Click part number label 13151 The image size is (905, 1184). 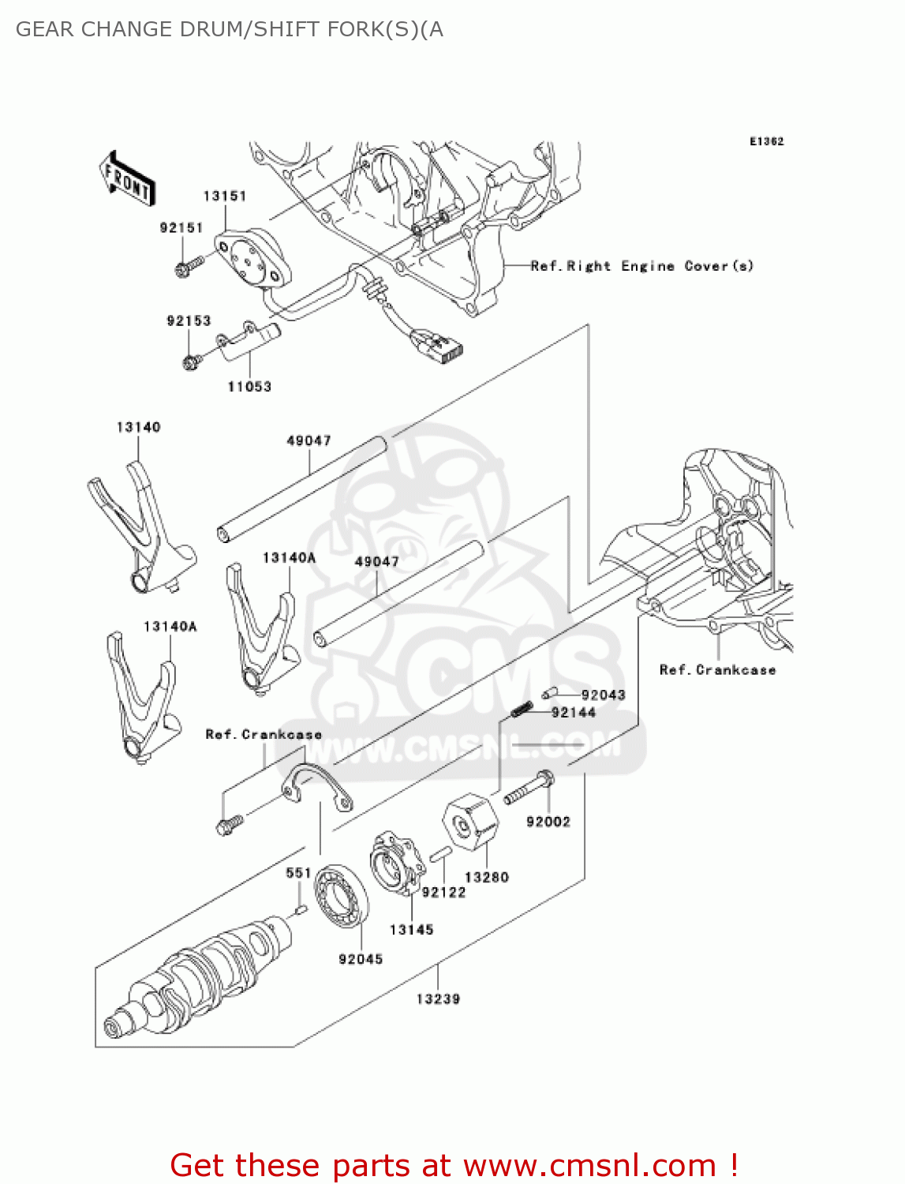click(x=225, y=196)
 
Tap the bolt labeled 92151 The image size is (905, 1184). click(x=187, y=267)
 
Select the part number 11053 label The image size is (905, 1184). click(x=249, y=387)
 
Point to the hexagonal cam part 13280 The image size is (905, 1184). click(x=470, y=824)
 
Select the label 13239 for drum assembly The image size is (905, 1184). click(x=438, y=999)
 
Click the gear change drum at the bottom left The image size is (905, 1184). click(x=197, y=979)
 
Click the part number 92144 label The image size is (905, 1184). click(x=573, y=713)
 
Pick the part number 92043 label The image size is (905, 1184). click(x=603, y=695)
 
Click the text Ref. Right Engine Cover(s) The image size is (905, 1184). click(x=641, y=266)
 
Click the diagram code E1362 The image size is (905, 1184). click(x=766, y=141)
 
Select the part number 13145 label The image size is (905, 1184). click(x=411, y=930)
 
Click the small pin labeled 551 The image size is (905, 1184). click(x=301, y=911)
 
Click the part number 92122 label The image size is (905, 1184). click(x=443, y=892)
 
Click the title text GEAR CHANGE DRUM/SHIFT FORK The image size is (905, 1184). click(x=229, y=29)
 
